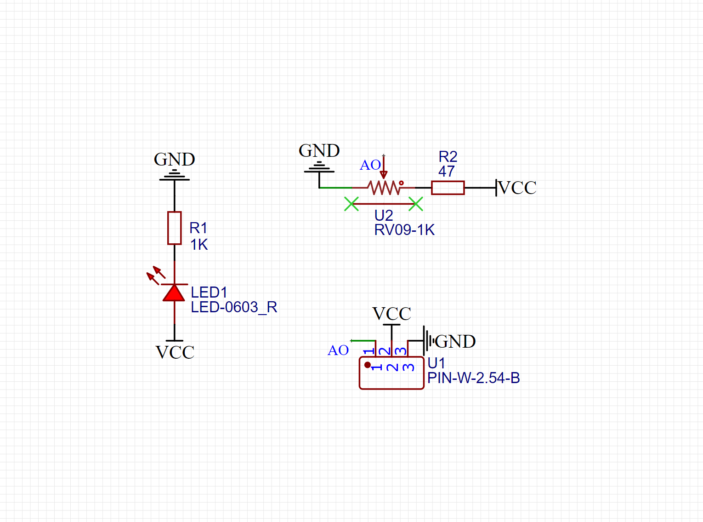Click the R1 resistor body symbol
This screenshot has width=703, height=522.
pyautogui.click(x=174, y=228)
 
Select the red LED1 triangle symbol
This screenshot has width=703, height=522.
pyautogui.click(x=174, y=293)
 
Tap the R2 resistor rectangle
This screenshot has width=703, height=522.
pyautogui.click(x=448, y=188)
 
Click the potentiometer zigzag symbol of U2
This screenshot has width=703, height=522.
pyautogui.click(x=384, y=188)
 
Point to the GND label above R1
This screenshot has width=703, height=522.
pyautogui.click(x=174, y=160)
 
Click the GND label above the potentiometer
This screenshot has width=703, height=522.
pyautogui.click(x=319, y=151)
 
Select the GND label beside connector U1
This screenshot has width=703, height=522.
pyautogui.click(x=455, y=342)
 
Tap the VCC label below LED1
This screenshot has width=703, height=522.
pyautogui.click(x=175, y=353)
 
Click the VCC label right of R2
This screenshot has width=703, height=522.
pyautogui.click(x=517, y=188)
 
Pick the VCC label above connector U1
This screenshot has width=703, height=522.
pyautogui.click(x=391, y=314)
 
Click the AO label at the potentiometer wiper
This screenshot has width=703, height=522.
pyautogui.click(x=370, y=165)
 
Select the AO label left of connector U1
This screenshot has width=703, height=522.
pyautogui.click(x=338, y=350)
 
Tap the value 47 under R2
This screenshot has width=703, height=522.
pyautogui.click(x=446, y=172)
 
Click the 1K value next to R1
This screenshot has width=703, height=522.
pyautogui.click(x=199, y=245)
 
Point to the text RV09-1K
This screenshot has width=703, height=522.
pyautogui.click(x=404, y=230)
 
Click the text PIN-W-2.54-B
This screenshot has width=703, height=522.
pyautogui.click(x=473, y=378)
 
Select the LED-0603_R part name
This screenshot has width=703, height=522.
pyautogui.click(x=234, y=307)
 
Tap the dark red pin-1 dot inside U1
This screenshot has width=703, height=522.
pyautogui.click(x=368, y=365)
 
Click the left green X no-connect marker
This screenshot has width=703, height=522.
pyautogui.click(x=351, y=204)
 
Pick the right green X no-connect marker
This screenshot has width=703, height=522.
pyautogui.click(x=416, y=204)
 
